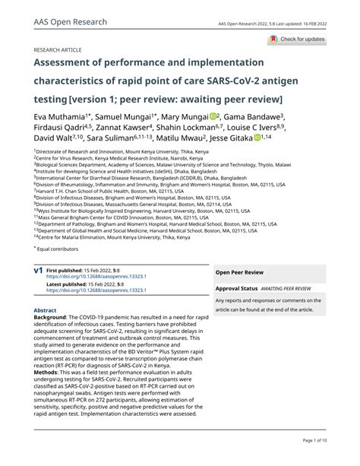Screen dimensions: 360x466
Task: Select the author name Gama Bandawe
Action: point(255,116)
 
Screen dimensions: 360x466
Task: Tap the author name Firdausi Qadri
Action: point(61,128)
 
